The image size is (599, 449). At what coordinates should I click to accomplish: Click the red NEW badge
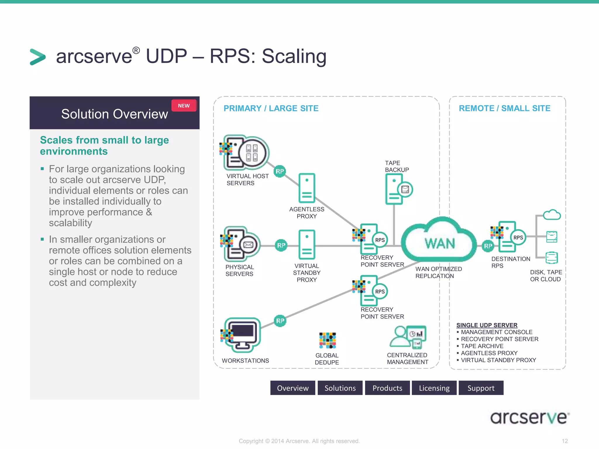184,106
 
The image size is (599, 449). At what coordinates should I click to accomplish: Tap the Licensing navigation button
434,388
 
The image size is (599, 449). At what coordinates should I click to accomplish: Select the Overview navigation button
293,388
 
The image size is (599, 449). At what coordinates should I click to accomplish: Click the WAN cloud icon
439,241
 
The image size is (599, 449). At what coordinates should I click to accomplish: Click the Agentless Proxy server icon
307,188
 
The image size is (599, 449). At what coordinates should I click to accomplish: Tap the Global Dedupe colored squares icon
327,341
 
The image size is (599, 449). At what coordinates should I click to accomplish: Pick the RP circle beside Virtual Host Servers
280,171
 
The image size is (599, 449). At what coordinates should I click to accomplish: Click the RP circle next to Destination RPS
488,246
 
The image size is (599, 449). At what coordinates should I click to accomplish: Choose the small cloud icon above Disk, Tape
552,215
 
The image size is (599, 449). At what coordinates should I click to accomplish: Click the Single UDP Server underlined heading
487,325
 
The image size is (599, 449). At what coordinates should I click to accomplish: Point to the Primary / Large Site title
271,108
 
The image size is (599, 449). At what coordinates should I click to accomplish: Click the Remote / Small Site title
505,108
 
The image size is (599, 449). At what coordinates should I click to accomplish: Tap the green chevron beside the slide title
38,57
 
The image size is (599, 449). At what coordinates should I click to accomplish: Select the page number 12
564,441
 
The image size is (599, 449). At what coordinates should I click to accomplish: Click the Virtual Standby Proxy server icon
307,245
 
